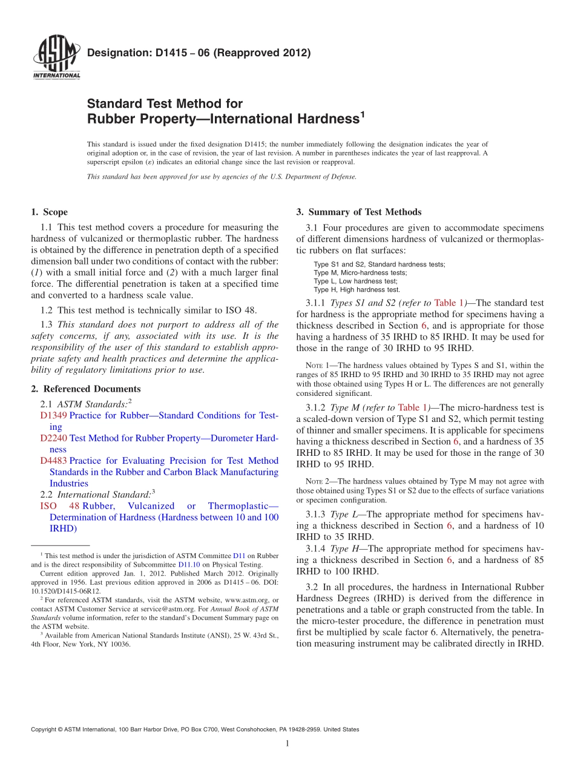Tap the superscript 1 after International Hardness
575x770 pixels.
(x=362, y=113)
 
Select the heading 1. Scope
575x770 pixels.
(x=49, y=212)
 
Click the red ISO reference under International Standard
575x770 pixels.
(x=48, y=506)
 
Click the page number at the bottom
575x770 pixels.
(x=287, y=743)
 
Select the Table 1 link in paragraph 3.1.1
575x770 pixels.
(x=450, y=303)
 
